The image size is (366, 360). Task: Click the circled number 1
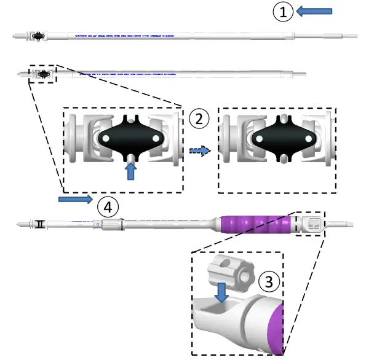tap(283, 12)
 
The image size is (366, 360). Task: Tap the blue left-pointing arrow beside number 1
tap(314, 10)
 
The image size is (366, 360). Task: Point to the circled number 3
tap(269, 282)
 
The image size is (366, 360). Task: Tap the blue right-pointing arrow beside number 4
tap(76, 199)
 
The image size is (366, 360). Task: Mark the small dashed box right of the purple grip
tap(311, 224)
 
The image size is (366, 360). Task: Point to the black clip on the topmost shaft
tap(39, 36)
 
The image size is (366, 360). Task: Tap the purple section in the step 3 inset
tap(277, 327)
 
